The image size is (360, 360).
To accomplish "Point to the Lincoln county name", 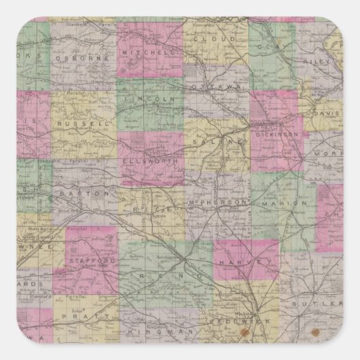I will pyautogui.click(x=148, y=99).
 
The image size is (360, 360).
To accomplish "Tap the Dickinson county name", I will pyautogui.click(x=276, y=134).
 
